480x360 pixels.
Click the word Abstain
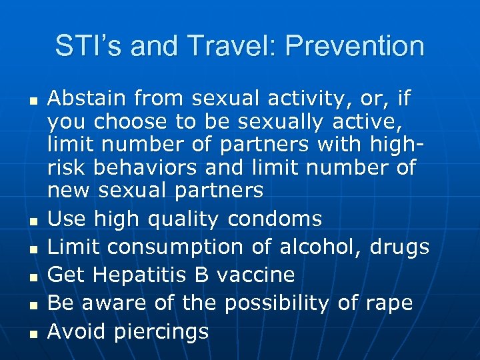click(x=87, y=99)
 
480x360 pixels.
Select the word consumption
click(x=177, y=247)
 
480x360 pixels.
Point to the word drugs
click(x=398, y=247)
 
